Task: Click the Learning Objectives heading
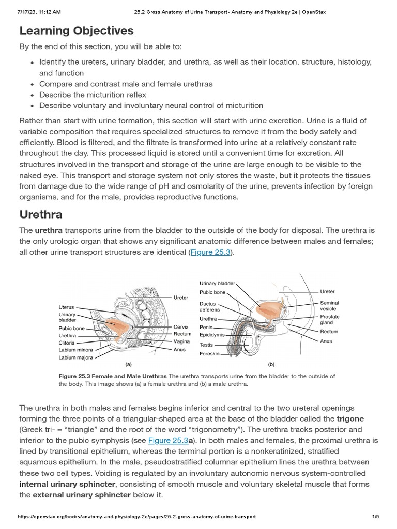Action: [x=77, y=30]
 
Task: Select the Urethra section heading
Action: [x=41, y=214]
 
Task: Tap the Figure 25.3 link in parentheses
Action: [x=211, y=252]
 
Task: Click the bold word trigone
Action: [x=350, y=418]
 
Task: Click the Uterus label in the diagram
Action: [x=67, y=307]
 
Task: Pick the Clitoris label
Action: [x=67, y=343]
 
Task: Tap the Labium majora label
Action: [x=75, y=357]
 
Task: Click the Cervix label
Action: [x=181, y=327]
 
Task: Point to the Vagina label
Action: [x=181, y=341]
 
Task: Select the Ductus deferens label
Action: [x=210, y=307]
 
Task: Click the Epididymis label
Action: [x=212, y=335]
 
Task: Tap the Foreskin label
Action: [x=209, y=354]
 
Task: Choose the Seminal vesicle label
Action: [x=329, y=306]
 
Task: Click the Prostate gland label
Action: [x=330, y=319]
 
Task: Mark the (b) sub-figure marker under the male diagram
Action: [x=271, y=364]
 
